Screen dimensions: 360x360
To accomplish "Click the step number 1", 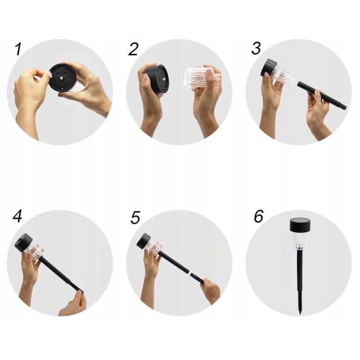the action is click(18, 49).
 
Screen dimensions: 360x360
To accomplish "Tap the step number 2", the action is click(133, 49).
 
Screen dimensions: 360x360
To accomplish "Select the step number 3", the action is click(256, 48).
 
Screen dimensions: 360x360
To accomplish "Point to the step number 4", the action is click(17, 216).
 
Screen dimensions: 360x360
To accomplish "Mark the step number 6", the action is click(258, 216).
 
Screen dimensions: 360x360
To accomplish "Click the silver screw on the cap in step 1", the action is click(62, 78).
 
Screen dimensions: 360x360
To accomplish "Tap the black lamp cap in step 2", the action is click(157, 79).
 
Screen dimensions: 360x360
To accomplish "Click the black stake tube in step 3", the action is click(322, 96).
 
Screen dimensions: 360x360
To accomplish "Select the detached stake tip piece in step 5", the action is click(198, 278).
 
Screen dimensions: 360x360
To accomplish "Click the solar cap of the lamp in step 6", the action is click(300, 225).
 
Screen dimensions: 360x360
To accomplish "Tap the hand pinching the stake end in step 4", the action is click(73, 303).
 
